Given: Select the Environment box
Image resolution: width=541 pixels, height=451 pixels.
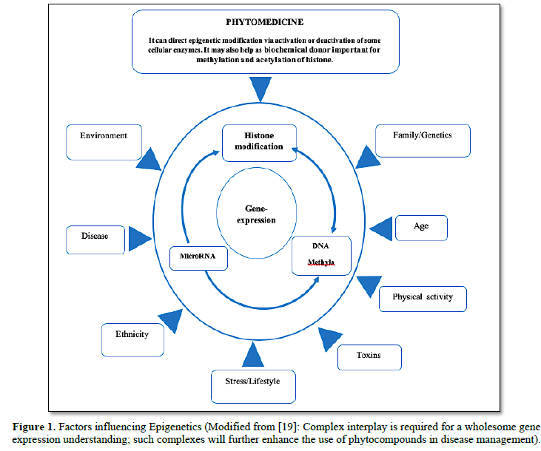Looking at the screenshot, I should click(x=104, y=143).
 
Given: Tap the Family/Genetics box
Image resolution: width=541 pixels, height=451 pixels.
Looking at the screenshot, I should click(x=423, y=140).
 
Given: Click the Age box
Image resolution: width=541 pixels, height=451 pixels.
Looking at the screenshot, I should click(x=421, y=228).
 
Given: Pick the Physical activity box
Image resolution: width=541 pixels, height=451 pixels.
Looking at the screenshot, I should click(x=422, y=298).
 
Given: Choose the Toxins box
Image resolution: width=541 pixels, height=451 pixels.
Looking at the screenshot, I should click(x=369, y=356).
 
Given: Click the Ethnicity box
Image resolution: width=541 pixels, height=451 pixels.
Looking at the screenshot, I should click(x=132, y=339).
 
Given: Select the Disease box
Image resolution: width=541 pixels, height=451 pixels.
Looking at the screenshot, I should click(x=95, y=238).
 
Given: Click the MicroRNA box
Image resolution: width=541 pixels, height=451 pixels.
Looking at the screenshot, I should click(x=197, y=257).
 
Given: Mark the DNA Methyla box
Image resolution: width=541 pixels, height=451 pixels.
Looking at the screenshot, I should click(x=321, y=255).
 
